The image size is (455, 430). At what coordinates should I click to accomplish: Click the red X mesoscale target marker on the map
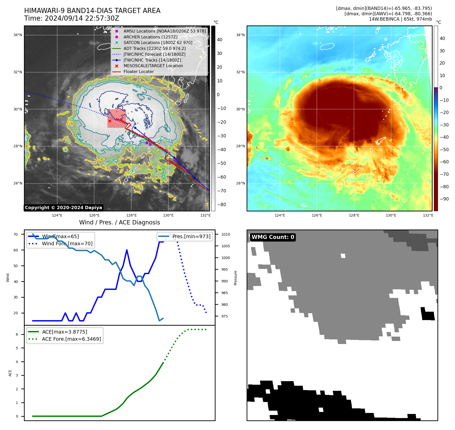click(110, 121)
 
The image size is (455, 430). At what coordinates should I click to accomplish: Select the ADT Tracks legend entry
click(154, 48)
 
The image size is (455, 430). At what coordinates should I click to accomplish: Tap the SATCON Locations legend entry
click(158, 42)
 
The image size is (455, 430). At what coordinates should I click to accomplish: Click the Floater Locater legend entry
click(138, 71)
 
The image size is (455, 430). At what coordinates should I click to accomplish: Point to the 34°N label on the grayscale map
click(18, 35)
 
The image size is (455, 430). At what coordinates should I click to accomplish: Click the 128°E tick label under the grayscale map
click(131, 215)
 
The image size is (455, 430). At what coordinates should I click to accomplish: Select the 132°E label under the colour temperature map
click(428, 215)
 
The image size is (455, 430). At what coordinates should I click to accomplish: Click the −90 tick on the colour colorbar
click(444, 199)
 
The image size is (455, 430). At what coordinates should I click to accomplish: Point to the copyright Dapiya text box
click(63, 208)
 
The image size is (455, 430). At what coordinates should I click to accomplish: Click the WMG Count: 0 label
click(273, 237)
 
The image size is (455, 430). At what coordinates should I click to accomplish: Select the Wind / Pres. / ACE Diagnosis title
click(120, 222)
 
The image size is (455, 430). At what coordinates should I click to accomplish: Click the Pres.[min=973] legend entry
click(191, 236)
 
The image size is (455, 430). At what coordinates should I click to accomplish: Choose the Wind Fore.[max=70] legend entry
click(67, 243)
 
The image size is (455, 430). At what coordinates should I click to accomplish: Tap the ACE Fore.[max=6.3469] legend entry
click(71, 339)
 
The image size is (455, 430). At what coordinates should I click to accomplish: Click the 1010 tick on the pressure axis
click(225, 234)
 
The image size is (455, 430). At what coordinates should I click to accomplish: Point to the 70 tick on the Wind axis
click(16, 234)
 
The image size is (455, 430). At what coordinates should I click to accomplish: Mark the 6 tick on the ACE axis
click(17, 334)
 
